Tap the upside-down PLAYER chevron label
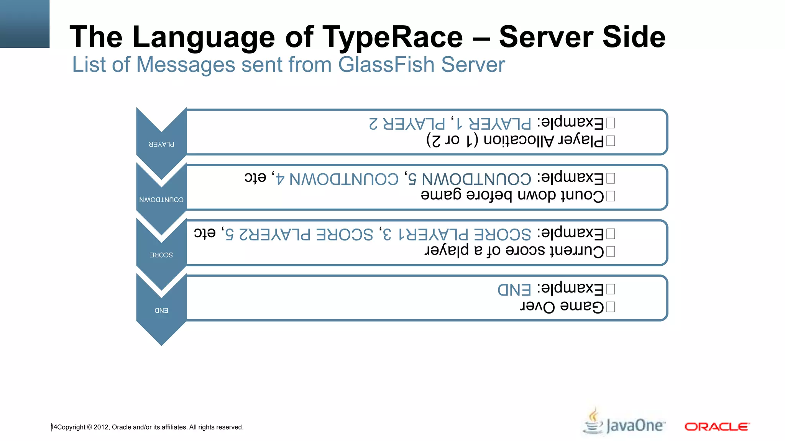[x=161, y=144]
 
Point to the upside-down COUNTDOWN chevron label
[x=161, y=200]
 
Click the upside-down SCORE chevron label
[x=161, y=255]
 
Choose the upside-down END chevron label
[x=161, y=310]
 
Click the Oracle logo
[x=717, y=426]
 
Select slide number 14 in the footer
[x=54, y=427]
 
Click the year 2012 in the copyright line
[x=101, y=427]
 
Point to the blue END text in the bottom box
[x=514, y=289]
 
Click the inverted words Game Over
[x=562, y=307]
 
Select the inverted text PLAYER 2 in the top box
[x=407, y=124]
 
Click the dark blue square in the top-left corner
[x=25, y=24]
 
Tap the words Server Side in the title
[x=582, y=37]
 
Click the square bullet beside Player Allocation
[x=611, y=141]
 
